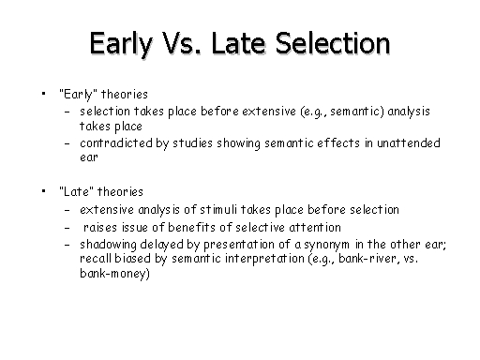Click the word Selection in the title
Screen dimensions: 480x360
[333, 43]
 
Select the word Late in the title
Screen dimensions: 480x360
[238, 43]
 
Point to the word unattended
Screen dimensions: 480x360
[409, 143]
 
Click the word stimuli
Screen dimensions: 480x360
[218, 209]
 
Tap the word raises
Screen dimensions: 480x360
[100, 227]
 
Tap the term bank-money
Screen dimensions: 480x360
[112, 274]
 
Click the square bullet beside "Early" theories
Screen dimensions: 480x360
[43, 93]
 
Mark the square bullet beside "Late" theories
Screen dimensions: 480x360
[43, 190]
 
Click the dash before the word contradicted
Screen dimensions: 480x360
[67, 144]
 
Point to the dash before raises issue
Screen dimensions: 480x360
[67, 228]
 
